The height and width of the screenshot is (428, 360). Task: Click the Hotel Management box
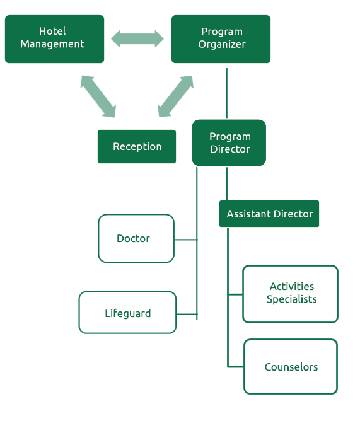pos(55,39)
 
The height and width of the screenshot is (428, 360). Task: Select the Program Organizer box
pos(221,39)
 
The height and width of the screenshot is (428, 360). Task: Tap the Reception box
pos(137,147)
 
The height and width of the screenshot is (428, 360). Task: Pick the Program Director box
pos(229,142)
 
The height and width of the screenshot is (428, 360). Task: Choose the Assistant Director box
pos(269,214)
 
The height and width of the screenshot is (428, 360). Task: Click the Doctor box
pos(136,238)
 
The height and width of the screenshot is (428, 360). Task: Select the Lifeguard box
pos(127,313)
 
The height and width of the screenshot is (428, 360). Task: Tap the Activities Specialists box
pos(291,294)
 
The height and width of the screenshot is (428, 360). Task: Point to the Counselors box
pos(291,367)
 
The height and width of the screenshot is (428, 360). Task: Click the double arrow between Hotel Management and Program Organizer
pos(137,38)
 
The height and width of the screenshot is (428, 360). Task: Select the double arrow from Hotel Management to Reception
pos(98,96)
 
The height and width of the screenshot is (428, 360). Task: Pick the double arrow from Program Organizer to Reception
pos(175,96)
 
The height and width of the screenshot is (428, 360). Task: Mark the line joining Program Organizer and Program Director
pos(227,93)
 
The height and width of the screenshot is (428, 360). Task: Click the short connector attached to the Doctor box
pos(185,240)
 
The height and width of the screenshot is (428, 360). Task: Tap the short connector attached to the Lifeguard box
pos(187,315)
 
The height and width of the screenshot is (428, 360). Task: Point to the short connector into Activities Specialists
pos(235,294)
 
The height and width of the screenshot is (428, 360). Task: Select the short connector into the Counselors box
pos(236,367)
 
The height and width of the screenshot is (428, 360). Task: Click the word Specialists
pos(292,299)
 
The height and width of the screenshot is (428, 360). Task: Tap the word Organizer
pos(222,45)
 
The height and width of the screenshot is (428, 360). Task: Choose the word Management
pos(52,44)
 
